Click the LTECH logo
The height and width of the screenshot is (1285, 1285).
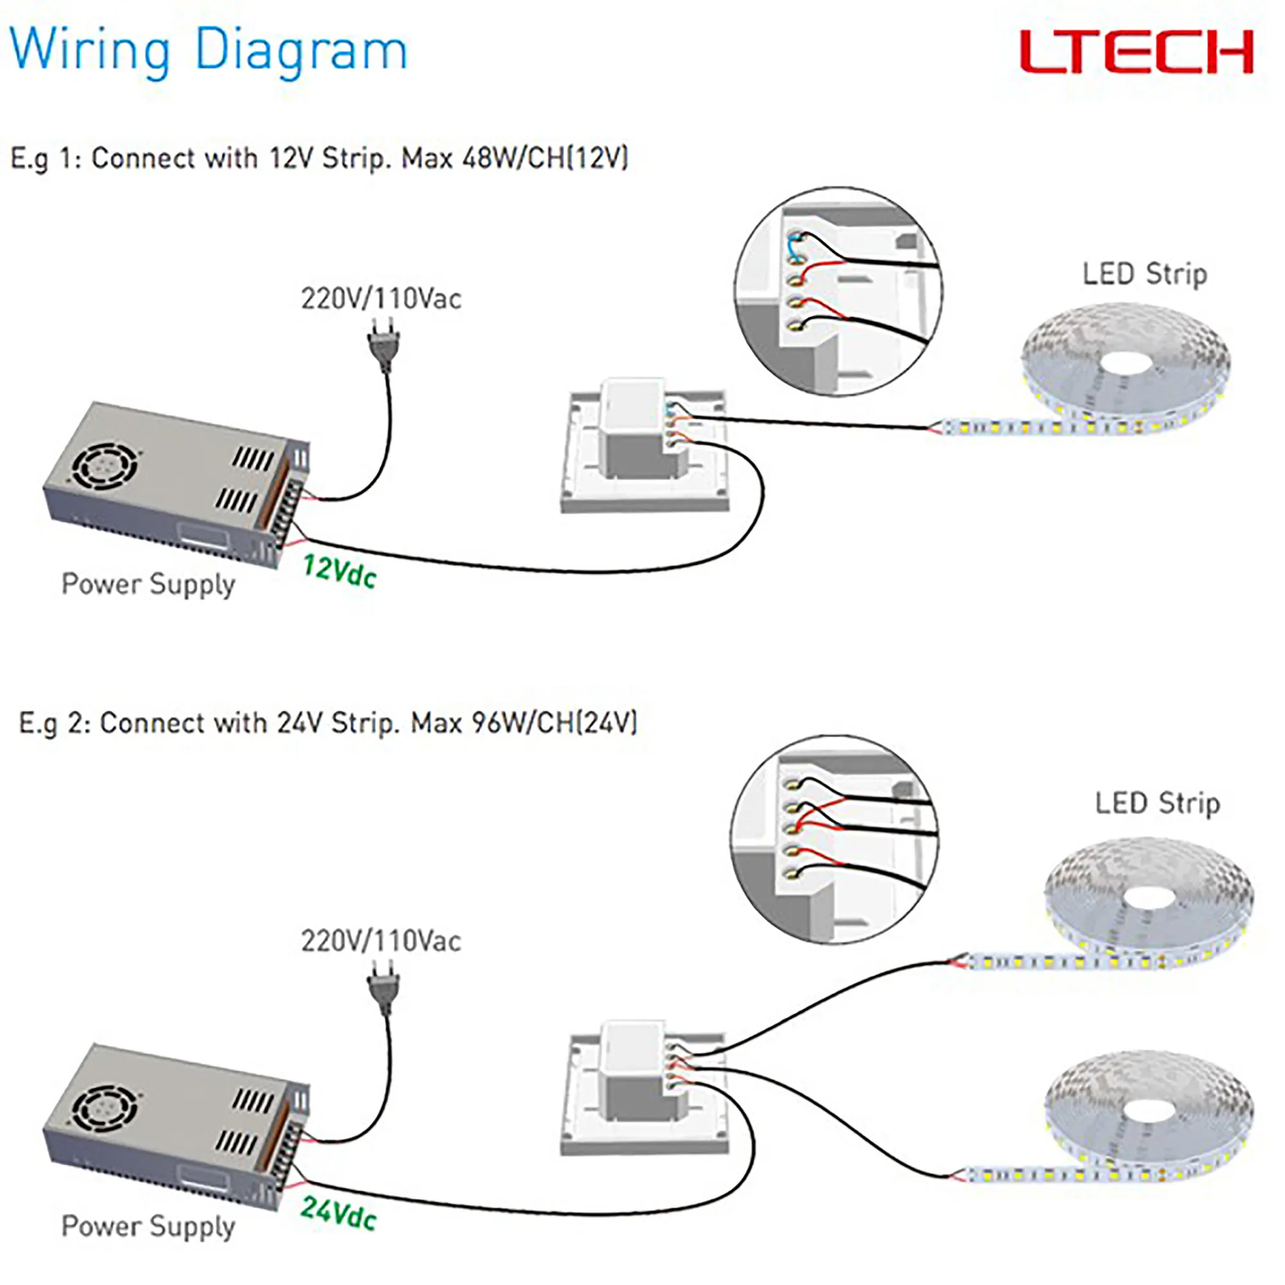pyautogui.click(x=1136, y=52)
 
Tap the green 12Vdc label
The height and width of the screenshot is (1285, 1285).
pyautogui.click(x=339, y=571)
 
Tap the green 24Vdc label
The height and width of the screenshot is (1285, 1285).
pyautogui.click(x=339, y=1213)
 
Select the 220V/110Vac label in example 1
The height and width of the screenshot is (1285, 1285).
pyautogui.click(x=381, y=299)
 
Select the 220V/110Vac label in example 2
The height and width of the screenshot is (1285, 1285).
pyautogui.click(x=381, y=941)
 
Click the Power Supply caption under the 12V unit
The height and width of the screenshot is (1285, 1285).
pyautogui.click(x=148, y=584)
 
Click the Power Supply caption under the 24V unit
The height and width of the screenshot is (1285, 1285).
pyautogui.click(x=148, y=1226)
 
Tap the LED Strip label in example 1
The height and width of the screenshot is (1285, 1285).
pyautogui.click(x=1145, y=274)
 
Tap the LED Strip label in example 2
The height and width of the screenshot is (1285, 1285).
pyautogui.click(x=1157, y=804)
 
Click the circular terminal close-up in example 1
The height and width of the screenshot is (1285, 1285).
pyautogui.click(x=838, y=291)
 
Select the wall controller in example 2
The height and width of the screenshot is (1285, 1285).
pyautogui.click(x=644, y=1088)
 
